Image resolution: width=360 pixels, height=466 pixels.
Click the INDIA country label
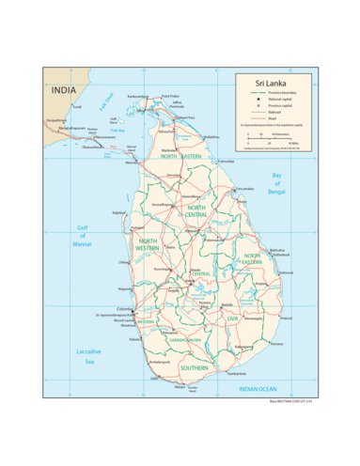(x=64, y=90)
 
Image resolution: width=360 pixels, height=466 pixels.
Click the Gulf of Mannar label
(x=83, y=235)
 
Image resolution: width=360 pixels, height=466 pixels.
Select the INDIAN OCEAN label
(x=257, y=388)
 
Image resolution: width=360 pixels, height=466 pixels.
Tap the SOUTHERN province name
(x=195, y=367)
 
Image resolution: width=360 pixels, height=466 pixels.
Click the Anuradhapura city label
(x=161, y=204)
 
